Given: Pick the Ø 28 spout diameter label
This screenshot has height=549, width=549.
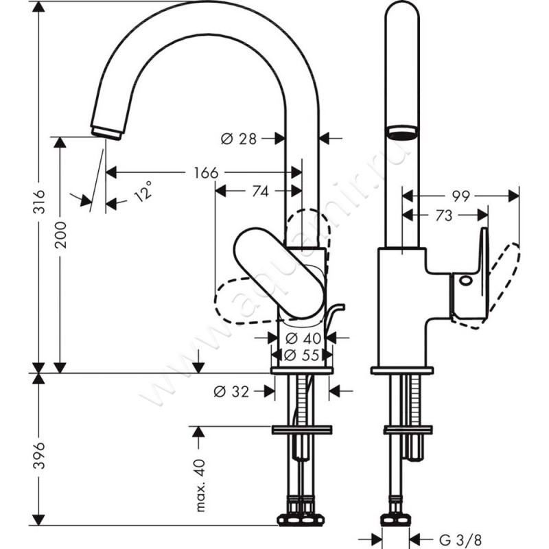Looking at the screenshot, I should pos(238,139).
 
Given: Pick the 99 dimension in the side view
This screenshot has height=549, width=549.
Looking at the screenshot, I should pos(460,196).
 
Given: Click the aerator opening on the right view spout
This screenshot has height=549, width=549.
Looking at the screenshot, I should pos(402,131).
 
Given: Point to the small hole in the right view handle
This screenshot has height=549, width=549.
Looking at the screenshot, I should pos(466,280).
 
